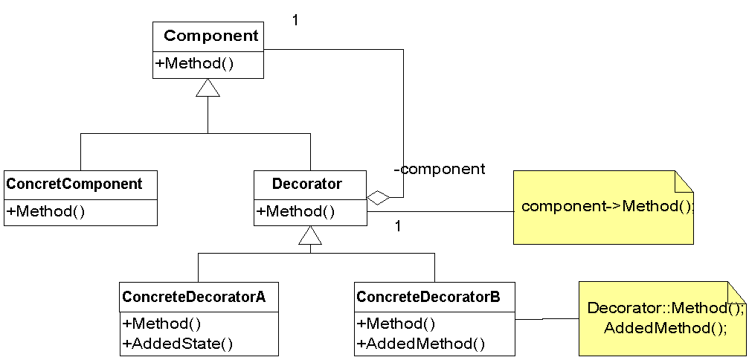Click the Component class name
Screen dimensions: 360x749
(211, 36)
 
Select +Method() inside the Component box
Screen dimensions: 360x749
(195, 63)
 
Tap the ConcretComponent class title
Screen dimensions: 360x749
(74, 184)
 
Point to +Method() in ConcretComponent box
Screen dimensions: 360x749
(45, 211)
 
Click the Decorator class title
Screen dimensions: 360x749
(307, 184)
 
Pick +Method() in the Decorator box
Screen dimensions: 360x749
(295, 211)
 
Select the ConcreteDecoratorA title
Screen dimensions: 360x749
(194, 298)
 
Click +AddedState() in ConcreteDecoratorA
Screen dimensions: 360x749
(179, 344)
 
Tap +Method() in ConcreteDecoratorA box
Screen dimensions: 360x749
(162, 324)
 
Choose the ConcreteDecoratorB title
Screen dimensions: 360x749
(428, 298)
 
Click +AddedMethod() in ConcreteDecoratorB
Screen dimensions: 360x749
(421, 344)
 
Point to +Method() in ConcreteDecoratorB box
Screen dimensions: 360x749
(396, 324)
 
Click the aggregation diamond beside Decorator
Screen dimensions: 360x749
(379, 198)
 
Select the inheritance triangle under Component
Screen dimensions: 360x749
(208, 88)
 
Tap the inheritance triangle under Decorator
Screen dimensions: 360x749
(310, 236)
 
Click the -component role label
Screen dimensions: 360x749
(439, 169)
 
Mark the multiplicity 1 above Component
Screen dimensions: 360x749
(295, 20)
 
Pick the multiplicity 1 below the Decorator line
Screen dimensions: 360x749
(398, 225)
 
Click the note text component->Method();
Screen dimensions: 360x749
(607, 206)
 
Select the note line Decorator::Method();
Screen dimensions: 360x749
(665, 308)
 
